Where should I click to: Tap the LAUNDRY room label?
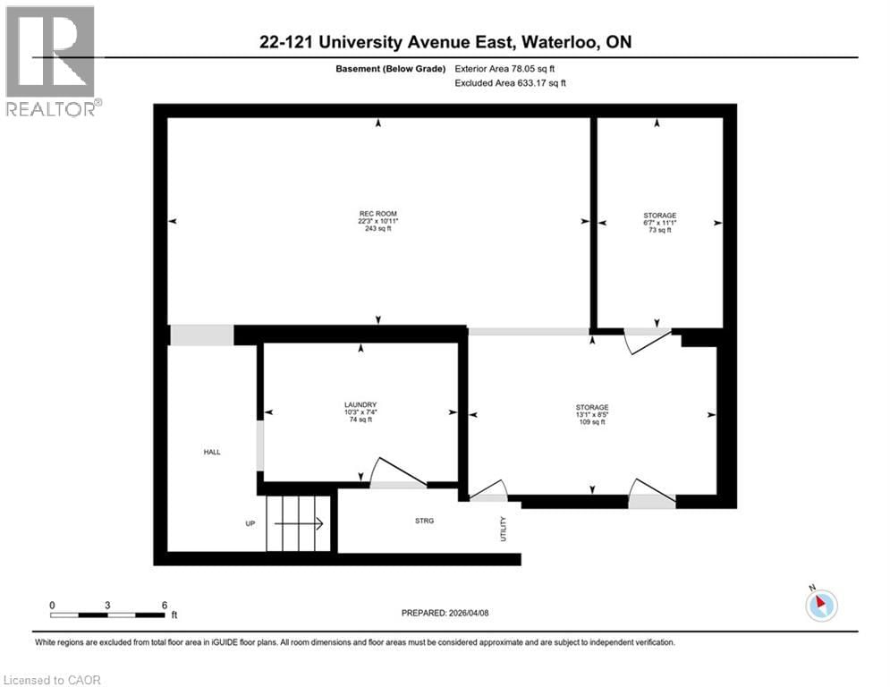point(360,404)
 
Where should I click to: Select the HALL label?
point(212,452)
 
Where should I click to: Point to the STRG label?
point(425,521)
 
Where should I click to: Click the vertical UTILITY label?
point(504,529)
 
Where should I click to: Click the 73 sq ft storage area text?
point(659,230)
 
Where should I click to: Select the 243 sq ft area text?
point(377,229)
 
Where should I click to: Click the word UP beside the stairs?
point(252,524)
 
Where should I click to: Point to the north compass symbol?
point(820,604)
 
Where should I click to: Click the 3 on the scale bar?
point(107,605)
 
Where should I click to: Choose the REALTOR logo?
point(51,62)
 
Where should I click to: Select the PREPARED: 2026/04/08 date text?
point(445,613)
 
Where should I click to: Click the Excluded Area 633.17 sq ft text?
point(510,82)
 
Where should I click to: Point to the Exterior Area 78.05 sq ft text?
point(510,68)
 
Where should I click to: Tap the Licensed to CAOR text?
point(53,680)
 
